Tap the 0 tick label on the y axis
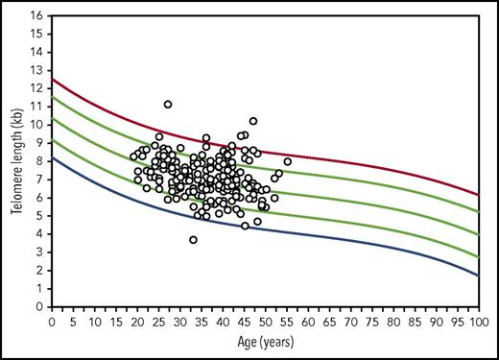pyautogui.click(x=38, y=306)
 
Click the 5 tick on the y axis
pyautogui.click(x=38, y=216)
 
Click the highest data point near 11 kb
pyautogui.click(x=168, y=104)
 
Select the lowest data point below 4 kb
pyautogui.click(x=193, y=240)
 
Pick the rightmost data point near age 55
pyautogui.click(x=287, y=161)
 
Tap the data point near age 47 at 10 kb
pyautogui.click(x=253, y=121)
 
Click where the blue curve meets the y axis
pyautogui.click(x=51, y=157)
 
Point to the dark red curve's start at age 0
pyautogui.click(x=51, y=79)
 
